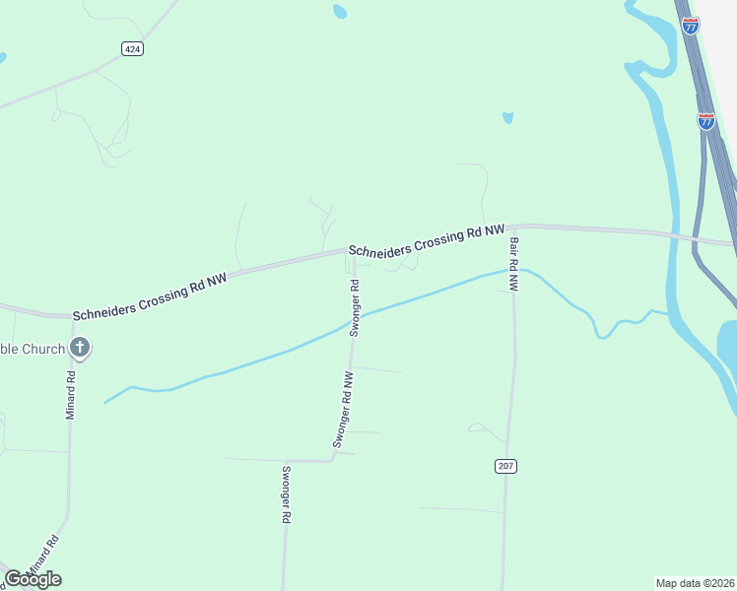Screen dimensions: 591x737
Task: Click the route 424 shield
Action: pos(133,48)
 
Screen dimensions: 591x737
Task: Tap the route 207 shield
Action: pos(506,466)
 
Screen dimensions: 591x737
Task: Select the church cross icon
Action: pos(80,348)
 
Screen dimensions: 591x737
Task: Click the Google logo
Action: pos(33,578)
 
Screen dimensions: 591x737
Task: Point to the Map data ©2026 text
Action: pos(695,582)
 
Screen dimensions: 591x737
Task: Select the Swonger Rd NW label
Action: pos(343,410)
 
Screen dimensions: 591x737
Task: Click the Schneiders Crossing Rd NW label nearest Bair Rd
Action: pos(426,237)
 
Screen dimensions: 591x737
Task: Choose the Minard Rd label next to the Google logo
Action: pos(43,554)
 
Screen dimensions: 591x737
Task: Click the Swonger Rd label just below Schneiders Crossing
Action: pos(355,307)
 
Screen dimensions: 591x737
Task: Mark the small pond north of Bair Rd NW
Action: pos(507,118)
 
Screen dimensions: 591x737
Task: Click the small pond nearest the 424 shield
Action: pos(340,12)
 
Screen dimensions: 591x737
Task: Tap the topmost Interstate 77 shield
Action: pos(691,26)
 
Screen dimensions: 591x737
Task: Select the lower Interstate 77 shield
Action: pos(706,121)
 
